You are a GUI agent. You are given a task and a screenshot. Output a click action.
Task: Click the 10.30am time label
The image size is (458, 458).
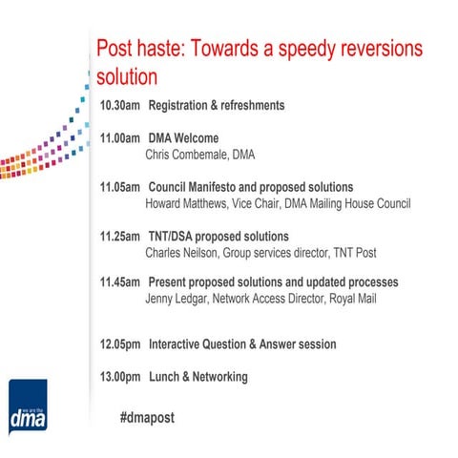119,105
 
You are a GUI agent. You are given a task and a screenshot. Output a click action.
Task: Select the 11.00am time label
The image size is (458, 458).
119,137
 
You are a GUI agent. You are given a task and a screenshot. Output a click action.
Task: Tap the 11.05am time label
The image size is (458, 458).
119,187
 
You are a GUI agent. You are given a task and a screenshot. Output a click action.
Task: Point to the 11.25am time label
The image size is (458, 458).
119,236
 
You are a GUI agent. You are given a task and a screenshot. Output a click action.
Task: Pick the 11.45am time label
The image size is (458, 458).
119,283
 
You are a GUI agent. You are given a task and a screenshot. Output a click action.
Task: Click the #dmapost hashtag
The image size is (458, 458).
147,418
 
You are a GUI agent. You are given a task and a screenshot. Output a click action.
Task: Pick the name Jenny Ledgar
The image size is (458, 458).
177,300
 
